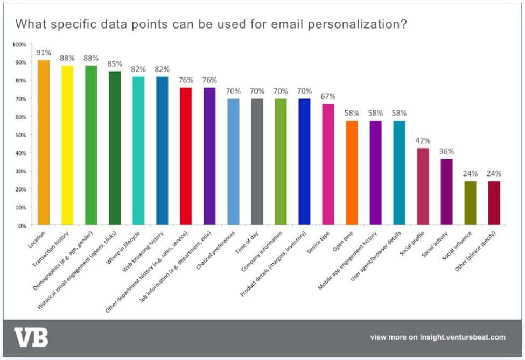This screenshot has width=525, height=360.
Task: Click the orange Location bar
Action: (44, 143)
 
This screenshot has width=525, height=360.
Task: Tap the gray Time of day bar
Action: (257, 161)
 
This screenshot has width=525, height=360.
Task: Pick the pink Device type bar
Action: (328, 164)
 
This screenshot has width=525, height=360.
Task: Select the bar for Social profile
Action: (423, 186)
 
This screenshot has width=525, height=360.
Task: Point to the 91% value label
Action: (44, 53)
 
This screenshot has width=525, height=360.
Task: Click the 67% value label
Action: (328, 96)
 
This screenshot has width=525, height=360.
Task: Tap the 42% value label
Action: (423, 140)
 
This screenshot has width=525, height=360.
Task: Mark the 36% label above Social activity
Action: (446, 151)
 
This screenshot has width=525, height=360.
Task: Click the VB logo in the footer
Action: (31, 337)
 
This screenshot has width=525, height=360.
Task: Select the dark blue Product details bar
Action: (304, 161)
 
